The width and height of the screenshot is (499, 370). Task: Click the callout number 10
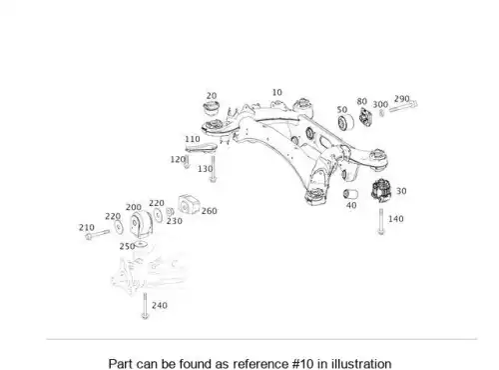[276, 92]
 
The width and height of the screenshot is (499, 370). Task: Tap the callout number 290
[401, 99]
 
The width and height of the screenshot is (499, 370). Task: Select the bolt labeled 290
[403, 106]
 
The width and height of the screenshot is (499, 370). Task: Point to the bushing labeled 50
[346, 122]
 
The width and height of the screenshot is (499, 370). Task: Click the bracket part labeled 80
[365, 117]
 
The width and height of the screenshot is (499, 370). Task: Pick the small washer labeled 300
[381, 113]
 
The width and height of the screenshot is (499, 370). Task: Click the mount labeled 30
[382, 191]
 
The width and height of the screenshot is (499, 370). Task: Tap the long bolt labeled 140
[381, 222]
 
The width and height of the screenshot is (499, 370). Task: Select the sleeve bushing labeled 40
[350, 194]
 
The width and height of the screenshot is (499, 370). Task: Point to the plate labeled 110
[201, 148]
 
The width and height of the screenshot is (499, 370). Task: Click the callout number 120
[177, 160]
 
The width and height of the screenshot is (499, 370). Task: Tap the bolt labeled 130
[213, 168]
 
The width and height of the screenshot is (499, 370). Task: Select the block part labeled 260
[189, 204]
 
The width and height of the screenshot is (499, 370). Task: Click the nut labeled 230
[170, 211]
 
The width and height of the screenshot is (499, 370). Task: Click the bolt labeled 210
[97, 234]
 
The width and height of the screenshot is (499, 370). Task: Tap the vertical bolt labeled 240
[145, 306]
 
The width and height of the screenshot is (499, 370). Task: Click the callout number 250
[127, 247]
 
